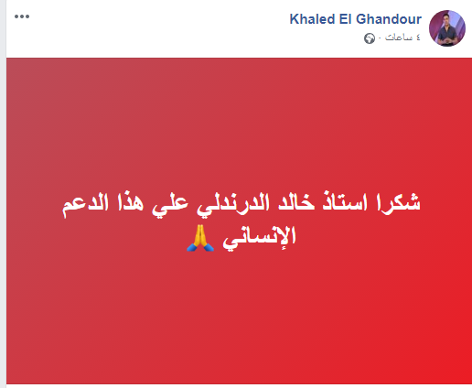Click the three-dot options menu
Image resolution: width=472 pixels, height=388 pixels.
coord(22,16)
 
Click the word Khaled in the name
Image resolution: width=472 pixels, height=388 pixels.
coord(312,19)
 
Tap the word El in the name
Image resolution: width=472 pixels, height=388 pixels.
coord(346,19)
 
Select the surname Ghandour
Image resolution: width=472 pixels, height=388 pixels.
coord(389,19)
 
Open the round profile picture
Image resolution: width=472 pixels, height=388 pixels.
coord(447,28)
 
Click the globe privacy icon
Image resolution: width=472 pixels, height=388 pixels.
coord(370,38)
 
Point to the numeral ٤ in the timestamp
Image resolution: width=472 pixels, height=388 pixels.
coord(418,38)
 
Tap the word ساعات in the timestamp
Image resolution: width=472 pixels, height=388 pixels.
coord(399,38)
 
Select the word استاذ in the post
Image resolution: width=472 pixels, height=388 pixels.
coord(345,202)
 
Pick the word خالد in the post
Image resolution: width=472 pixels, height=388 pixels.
coord(296,202)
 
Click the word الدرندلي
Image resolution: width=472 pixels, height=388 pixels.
coord(233,204)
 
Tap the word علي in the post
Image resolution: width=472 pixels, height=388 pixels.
coord(170,204)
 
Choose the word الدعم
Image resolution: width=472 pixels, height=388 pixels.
coord(85,204)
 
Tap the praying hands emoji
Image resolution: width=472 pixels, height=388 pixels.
coord(200,238)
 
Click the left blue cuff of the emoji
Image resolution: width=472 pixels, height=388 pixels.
coord(192,247)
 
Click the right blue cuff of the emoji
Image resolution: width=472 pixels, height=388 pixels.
coord(209,247)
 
